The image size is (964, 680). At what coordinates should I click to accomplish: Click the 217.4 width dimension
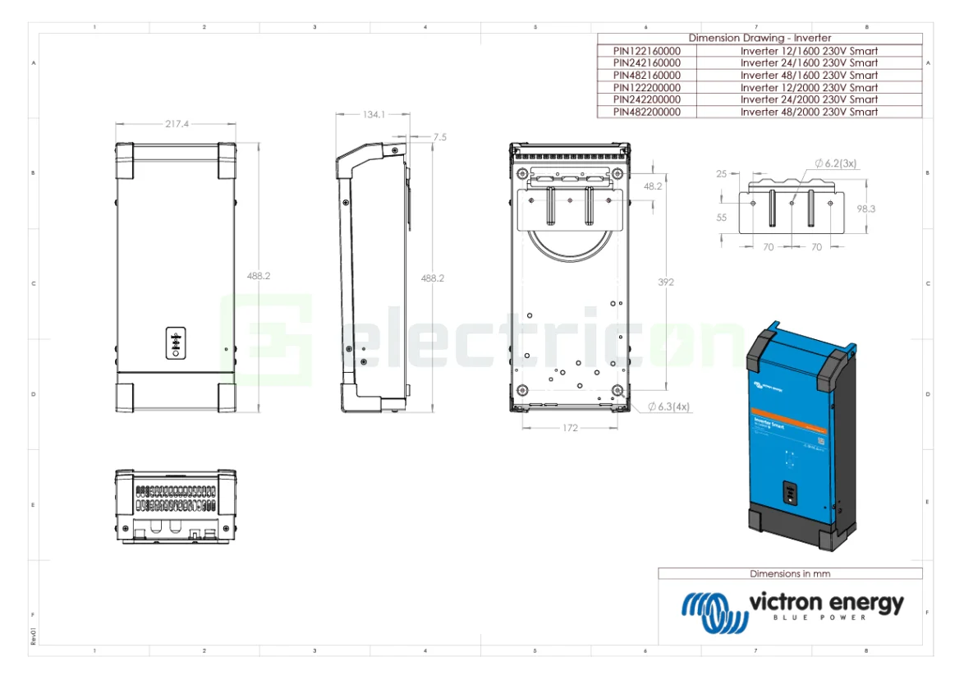click(x=177, y=124)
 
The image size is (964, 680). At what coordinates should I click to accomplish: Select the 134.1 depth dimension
click(x=374, y=114)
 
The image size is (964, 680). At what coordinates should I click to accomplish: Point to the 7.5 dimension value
click(x=439, y=137)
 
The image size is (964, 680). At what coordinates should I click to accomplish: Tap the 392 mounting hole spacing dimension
click(x=666, y=282)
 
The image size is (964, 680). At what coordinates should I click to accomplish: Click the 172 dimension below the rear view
click(x=570, y=428)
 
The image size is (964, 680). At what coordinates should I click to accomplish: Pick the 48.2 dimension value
click(x=653, y=186)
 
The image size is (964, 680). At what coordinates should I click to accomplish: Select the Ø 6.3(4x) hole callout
click(x=668, y=407)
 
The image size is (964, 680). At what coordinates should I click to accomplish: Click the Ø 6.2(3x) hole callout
click(x=835, y=163)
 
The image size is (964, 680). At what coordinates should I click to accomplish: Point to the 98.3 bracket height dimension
click(x=865, y=209)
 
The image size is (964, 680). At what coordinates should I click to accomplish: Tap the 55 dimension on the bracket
click(x=722, y=218)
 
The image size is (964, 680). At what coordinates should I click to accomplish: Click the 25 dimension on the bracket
click(x=722, y=174)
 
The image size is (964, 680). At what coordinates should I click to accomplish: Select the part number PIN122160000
click(x=646, y=50)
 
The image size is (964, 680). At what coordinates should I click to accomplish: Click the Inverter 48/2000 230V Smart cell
click(x=808, y=112)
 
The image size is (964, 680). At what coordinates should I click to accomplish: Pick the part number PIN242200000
click(x=646, y=99)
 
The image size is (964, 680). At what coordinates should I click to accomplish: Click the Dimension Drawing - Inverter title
click(x=759, y=38)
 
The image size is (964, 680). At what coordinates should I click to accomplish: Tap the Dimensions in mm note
click(x=789, y=573)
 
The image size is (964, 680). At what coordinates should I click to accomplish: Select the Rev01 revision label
click(x=34, y=636)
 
